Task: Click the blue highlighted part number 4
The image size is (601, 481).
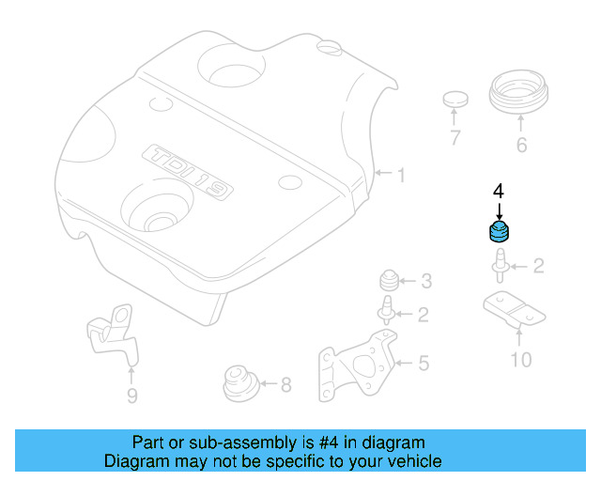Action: click(x=499, y=232)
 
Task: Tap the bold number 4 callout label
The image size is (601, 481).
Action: click(x=499, y=190)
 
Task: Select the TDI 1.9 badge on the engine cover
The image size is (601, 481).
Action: click(x=187, y=172)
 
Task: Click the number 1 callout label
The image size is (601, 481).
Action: click(x=401, y=175)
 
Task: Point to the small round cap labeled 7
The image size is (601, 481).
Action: click(x=455, y=99)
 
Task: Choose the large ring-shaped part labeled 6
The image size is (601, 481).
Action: click(x=520, y=97)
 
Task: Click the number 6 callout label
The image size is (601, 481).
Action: click(x=521, y=145)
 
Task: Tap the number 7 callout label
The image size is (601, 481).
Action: click(x=455, y=139)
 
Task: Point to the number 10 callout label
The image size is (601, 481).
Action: click(x=520, y=359)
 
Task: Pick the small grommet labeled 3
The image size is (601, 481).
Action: click(x=386, y=280)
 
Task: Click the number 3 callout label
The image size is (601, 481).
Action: click(x=425, y=280)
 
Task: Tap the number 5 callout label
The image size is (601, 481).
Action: click(x=424, y=362)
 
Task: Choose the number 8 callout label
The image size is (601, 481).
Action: click(x=285, y=383)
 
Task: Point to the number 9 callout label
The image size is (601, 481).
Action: click(x=131, y=396)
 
